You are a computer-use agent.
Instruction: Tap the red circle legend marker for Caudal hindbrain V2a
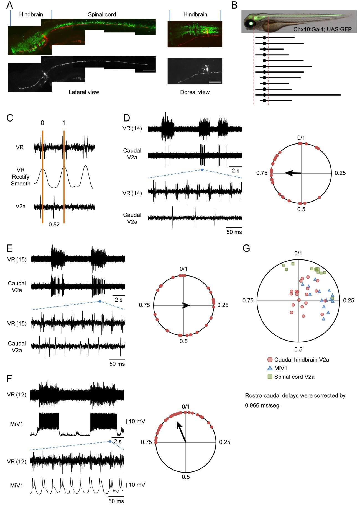tap(270, 360)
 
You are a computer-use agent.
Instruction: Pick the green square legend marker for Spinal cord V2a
tap(270, 377)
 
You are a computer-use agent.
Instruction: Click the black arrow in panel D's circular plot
tap(293, 173)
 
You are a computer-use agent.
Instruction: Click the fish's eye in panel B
tap(251, 24)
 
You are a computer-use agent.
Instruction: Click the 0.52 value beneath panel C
tap(54, 225)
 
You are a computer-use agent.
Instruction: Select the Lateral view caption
tap(84, 92)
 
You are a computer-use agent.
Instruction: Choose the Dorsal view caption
tap(195, 92)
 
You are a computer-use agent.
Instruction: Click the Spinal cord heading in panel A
tap(102, 14)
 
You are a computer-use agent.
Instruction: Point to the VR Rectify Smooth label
tap(21, 177)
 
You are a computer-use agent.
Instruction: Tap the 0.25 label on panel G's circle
tap(348, 300)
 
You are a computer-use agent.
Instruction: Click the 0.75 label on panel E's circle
tap(144, 305)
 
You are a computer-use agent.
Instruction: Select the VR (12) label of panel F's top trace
tap(17, 394)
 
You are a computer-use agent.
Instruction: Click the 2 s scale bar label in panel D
tap(235, 171)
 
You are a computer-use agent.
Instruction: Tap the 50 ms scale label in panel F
tap(116, 501)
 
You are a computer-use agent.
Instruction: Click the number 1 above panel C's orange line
tap(64, 123)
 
